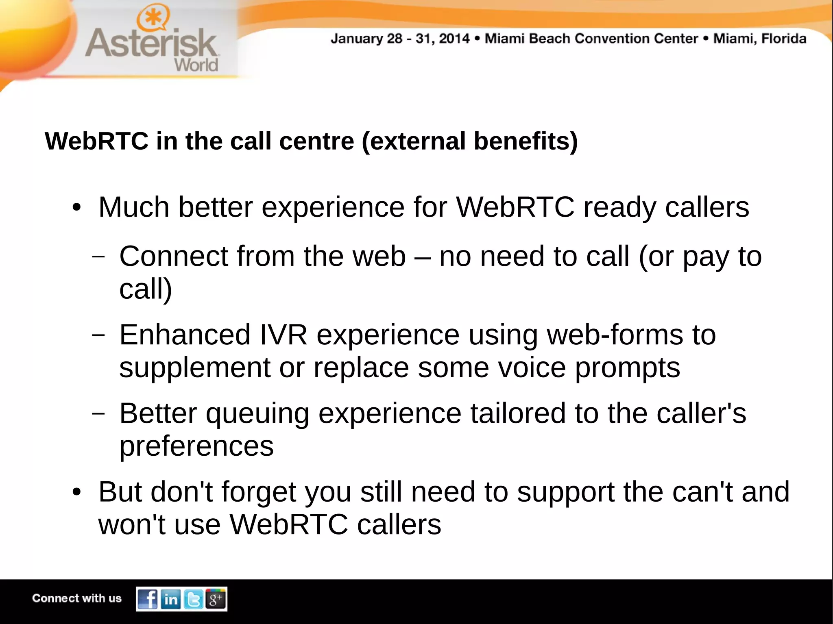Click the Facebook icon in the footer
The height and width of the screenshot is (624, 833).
tap(148, 599)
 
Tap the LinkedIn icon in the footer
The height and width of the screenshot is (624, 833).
tap(171, 599)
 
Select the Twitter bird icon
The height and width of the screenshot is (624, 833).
tap(194, 599)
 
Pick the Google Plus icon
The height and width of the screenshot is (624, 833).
tap(216, 599)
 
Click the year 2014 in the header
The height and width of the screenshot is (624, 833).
tap(454, 39)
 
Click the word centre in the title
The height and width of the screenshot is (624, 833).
tap(316, 141)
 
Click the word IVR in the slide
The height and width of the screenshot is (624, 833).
tap(283, 335)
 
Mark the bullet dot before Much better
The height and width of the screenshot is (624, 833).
tap(76, 208)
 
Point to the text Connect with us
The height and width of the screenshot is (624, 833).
tap(77, 598)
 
